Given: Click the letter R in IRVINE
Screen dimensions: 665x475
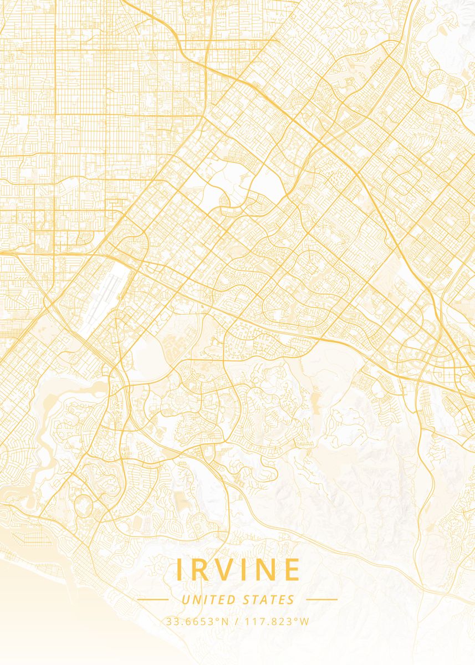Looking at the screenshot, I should (201, 570).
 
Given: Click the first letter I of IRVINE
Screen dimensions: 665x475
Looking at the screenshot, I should (179, 570).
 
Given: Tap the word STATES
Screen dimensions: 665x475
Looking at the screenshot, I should (269, 600).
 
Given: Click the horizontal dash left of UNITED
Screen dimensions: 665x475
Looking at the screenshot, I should (152, 599).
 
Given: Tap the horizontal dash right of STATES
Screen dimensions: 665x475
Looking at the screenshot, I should (321, 599).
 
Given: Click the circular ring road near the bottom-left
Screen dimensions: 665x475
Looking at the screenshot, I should (84, 505).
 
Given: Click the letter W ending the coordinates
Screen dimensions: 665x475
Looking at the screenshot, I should (304, 621).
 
